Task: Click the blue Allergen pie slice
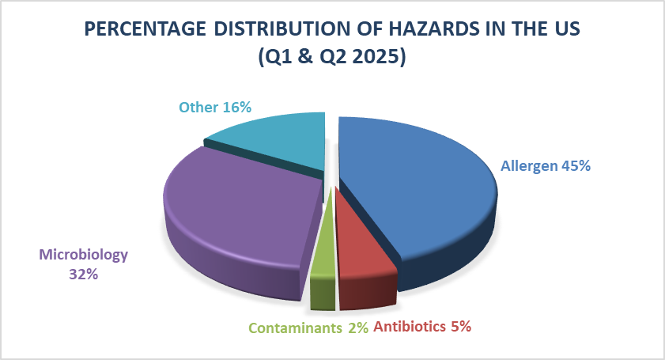pos(416,191)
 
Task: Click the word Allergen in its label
pos(529,166)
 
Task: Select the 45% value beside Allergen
pos(576,165)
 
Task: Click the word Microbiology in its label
pos(84,255)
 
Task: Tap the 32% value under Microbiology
pos(84,275)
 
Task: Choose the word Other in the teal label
pos(198,107)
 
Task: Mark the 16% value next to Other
pos(237,107)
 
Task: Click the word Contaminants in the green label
pos(295,328)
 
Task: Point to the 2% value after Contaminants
pos(358,328)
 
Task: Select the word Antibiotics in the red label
pos(410,327)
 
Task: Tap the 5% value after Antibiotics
pos(461,327)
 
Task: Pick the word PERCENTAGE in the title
pos(145,28)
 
